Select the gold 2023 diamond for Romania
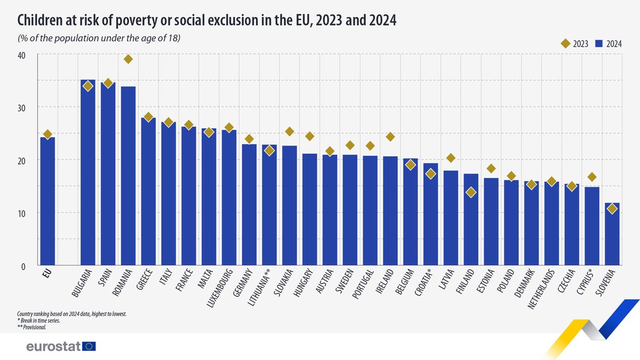coord(128,59)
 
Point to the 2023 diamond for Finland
coord(470,193)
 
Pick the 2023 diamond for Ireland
coord(390,137)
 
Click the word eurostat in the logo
coord(53,347)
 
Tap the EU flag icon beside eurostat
coord(89,347)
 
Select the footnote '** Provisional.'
coord(33,327)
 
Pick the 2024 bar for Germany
coord(249,205)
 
